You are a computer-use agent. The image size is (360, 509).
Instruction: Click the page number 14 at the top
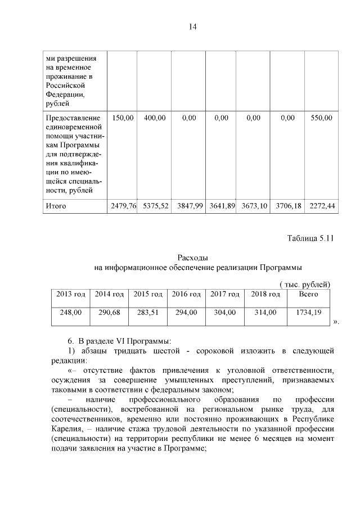click(192, 26)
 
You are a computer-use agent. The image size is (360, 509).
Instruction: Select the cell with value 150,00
click(123, 118)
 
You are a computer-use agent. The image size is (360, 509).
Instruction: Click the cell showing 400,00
click(155, 118)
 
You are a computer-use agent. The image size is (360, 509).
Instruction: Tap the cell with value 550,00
click(321, 118)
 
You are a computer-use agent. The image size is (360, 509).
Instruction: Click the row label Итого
click(56, 206)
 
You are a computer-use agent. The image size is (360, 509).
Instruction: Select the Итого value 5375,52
click(155, 206)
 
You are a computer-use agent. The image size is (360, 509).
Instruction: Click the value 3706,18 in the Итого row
click(288, 206)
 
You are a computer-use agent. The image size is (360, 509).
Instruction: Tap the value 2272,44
click(322, 206)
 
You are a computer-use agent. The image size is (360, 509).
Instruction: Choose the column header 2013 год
click(71, 294)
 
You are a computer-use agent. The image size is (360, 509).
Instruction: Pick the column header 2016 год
click(186, 294)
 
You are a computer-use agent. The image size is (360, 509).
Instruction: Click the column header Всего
click(308, 294)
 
